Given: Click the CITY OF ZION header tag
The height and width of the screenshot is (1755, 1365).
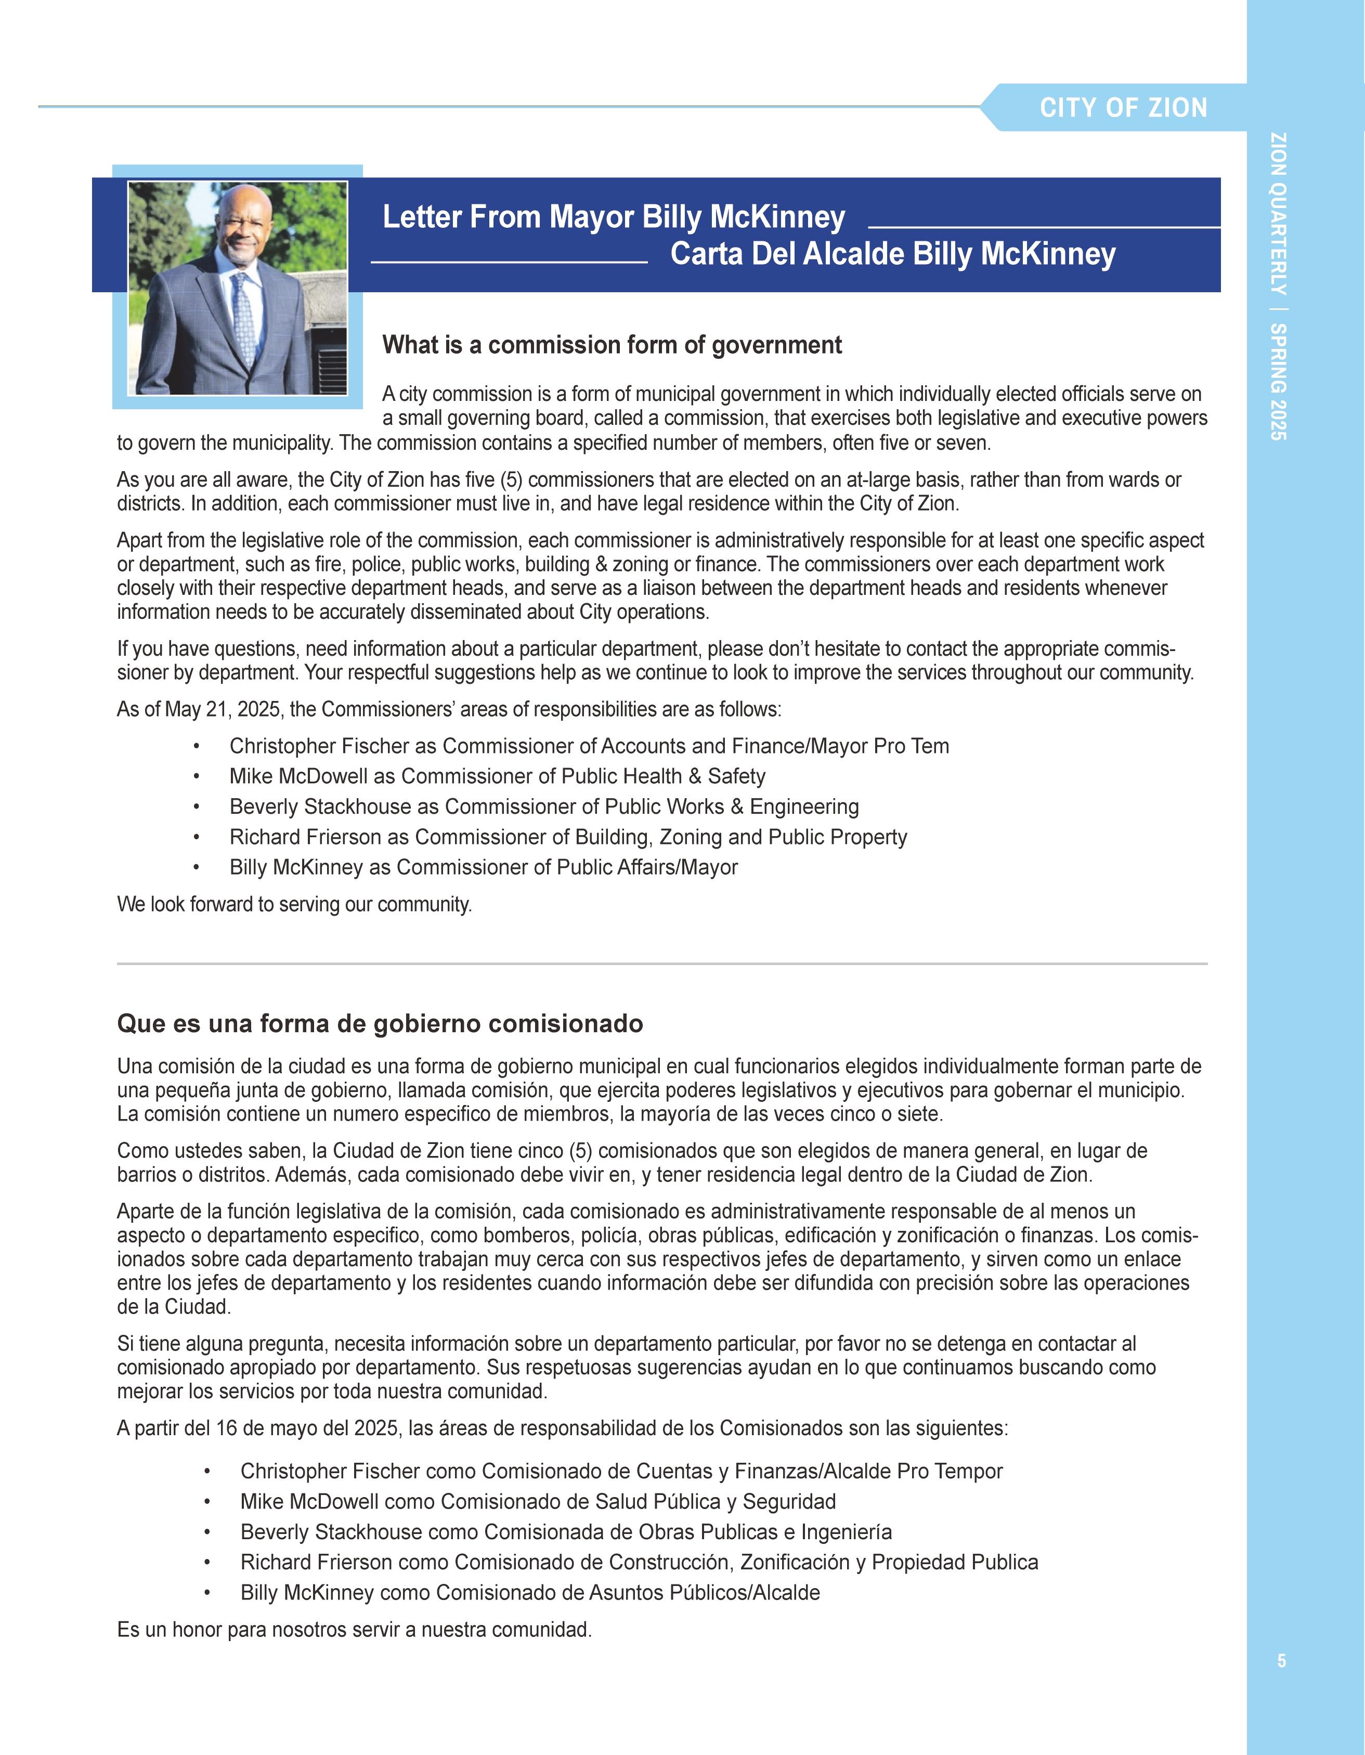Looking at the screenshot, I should [x=1123, y=108].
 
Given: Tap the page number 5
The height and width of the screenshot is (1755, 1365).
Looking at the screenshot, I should [x=1281, y=1660].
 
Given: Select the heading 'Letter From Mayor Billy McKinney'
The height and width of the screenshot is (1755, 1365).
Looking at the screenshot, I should [x=614, y=217].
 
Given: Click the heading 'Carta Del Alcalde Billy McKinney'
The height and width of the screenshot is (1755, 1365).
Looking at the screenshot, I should [x=893, y=254].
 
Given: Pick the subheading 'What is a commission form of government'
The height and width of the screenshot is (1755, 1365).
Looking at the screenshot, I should [x=612, y=345].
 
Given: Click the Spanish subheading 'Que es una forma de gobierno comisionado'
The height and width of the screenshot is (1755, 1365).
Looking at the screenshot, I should [x=380, y=1024].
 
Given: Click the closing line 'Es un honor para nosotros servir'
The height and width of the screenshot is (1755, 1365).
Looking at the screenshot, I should [x=354, y=1630].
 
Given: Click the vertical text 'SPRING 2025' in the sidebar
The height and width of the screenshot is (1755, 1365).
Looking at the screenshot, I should [x=1278, y=381].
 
